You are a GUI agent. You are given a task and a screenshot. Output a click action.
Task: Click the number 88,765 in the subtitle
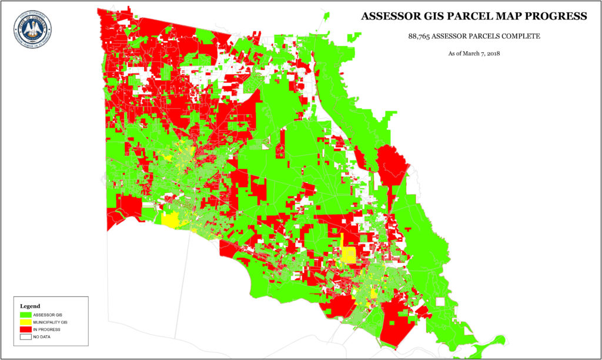(421, 36)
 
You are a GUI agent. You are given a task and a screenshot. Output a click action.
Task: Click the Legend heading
(30, 306)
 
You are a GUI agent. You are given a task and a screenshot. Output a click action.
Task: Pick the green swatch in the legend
(26, 315)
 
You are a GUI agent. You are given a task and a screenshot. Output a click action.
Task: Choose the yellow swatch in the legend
(26, 322)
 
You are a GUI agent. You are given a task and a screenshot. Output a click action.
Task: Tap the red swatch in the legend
(26, 330)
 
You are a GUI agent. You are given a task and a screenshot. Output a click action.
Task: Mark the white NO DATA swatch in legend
(26, 338)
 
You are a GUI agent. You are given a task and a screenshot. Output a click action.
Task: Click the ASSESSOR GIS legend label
(48, 315)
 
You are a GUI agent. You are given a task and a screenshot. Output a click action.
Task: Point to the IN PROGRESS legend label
(48, 330)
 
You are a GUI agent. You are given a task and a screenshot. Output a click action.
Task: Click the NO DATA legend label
(44, 338)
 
